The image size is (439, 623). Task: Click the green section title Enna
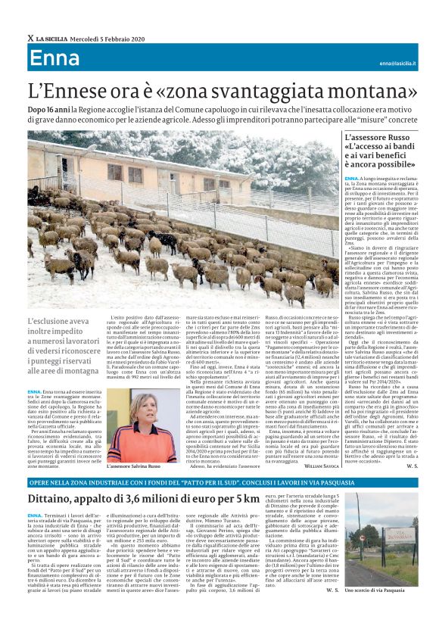[55, 61]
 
